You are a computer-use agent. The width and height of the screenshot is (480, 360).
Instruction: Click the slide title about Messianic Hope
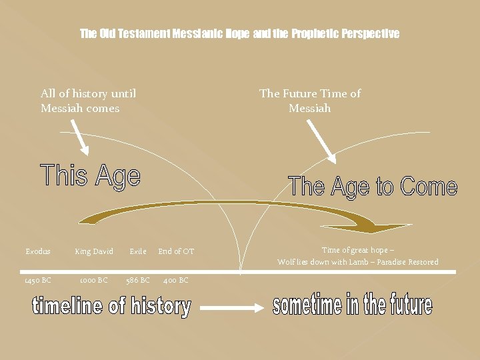239,33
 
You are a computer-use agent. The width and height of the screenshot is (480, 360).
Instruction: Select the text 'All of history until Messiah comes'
88,101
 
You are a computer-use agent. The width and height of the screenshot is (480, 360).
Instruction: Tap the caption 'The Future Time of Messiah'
310,101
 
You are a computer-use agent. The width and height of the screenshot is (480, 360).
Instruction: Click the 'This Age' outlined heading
91,176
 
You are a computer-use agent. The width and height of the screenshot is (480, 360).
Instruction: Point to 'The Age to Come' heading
373,186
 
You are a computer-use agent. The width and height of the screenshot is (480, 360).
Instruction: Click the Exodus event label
38,251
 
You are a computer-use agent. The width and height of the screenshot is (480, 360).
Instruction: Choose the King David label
94,251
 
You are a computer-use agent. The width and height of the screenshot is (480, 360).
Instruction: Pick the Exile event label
138,251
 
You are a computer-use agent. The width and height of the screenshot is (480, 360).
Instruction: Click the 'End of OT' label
176,251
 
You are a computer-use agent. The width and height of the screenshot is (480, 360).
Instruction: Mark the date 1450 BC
37,280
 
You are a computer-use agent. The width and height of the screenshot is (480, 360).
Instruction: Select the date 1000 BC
93,280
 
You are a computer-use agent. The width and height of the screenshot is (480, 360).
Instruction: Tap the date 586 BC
138,280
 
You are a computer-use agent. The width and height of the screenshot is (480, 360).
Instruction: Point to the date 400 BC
176,280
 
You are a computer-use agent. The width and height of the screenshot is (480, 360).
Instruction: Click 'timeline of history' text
111,307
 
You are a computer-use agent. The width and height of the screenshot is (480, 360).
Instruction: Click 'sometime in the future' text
353,305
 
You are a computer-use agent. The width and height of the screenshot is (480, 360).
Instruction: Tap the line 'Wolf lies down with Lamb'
358,262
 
